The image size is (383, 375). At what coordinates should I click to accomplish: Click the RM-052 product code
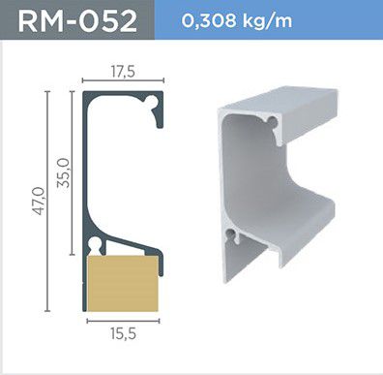point(77,20)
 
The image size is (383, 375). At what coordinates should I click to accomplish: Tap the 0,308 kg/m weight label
point(237,20)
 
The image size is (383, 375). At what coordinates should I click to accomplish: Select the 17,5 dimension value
point(123,72)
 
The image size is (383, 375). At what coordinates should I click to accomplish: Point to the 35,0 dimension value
point(63,172)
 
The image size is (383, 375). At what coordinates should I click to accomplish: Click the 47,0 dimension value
point(39,201)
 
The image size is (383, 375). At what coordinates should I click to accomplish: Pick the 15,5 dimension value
point(123,333)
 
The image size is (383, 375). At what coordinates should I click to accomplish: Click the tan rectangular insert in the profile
point(123,284)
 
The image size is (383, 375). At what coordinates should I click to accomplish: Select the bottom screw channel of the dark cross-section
point(94,244)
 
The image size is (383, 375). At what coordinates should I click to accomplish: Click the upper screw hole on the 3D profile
point(273,122)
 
